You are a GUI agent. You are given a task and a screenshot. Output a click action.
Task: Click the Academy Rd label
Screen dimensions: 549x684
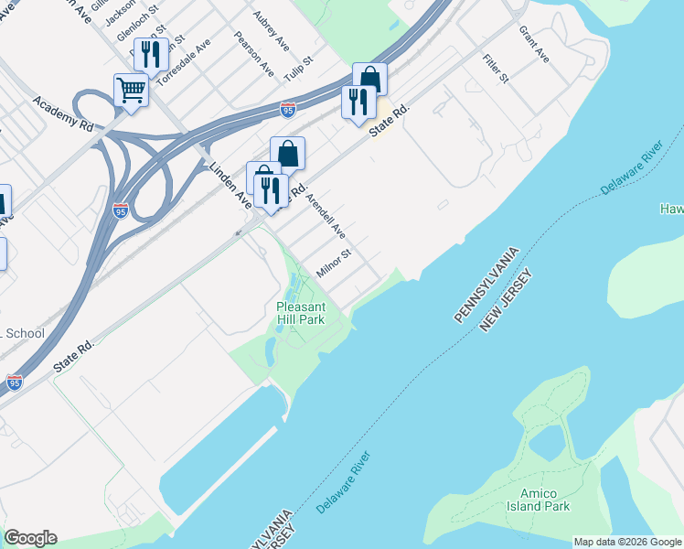(63, 112)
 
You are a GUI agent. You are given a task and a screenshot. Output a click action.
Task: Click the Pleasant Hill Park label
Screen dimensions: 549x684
(301, 313)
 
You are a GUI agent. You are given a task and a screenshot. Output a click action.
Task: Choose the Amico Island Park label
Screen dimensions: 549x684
(539, 500)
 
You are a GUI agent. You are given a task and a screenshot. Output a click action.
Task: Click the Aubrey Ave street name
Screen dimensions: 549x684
(272, 31)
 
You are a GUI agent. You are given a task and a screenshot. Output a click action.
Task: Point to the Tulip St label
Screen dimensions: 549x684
(298, 71)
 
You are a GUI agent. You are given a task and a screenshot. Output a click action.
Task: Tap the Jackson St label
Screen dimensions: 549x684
(120, 12)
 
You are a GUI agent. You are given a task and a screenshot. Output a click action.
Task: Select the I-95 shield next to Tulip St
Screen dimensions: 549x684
(288, 109)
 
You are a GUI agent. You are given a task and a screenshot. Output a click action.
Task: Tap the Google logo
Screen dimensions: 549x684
(30, 538)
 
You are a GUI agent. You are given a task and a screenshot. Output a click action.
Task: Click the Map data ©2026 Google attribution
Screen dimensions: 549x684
(626, 542)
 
